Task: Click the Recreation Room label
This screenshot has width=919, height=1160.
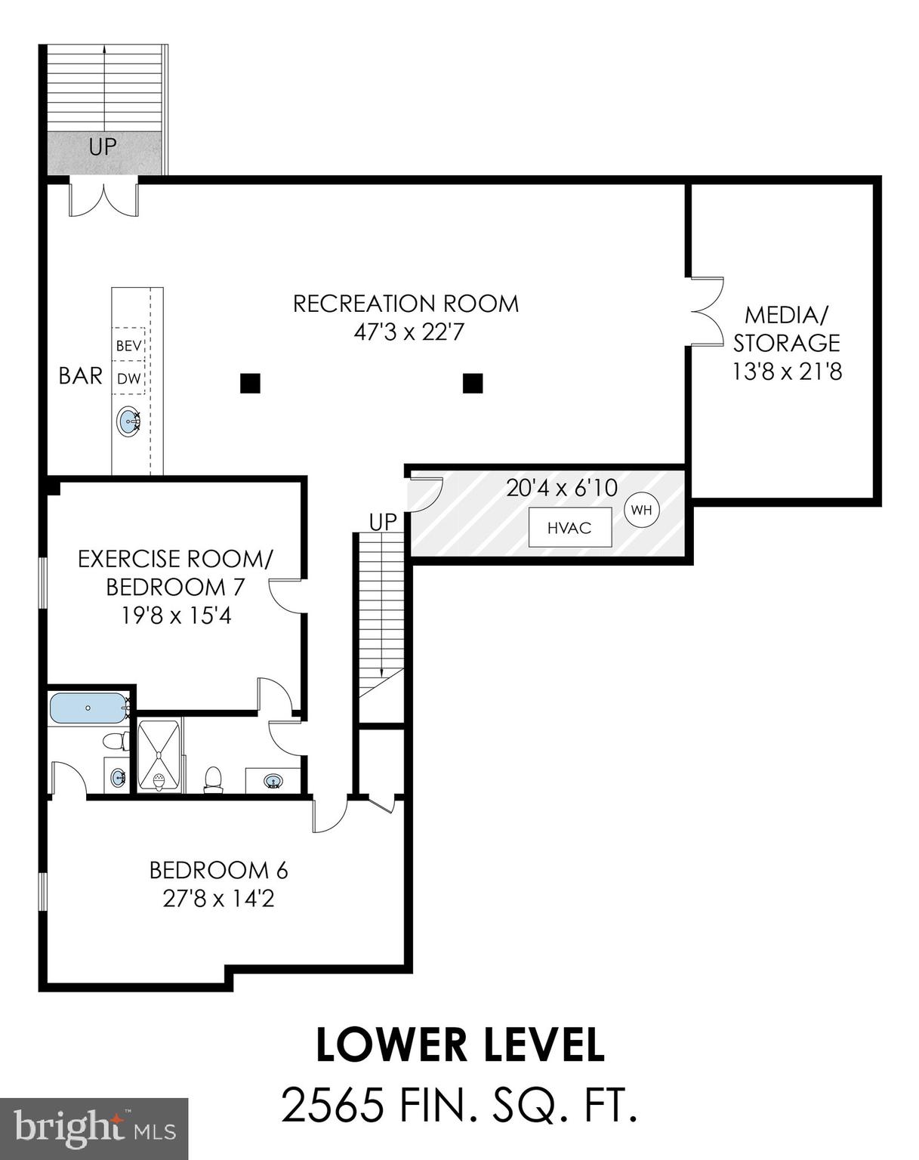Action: (x=406, y=304)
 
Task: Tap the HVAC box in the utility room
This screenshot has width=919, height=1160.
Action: (x=569, y=528)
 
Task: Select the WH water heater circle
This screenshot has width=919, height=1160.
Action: (x=642, y=511)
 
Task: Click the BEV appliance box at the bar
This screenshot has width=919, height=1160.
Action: (x=129, y=346)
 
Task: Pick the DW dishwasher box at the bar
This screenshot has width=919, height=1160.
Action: (x=129, y=379)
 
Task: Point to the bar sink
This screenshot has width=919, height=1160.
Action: (x=129, y=421)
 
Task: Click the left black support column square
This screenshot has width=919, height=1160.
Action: (x=251, y=384)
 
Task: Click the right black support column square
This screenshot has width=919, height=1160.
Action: (x=473, y=384)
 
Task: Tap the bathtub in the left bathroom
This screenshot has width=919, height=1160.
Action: (x=88, y=708)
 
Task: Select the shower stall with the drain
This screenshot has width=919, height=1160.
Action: (x=159, y=756)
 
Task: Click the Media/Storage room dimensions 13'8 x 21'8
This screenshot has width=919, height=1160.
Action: (x=786, y=372)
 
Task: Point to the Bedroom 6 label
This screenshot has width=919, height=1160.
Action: (x=218, y=871)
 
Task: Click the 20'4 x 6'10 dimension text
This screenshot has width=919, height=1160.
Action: (x=562, y=488)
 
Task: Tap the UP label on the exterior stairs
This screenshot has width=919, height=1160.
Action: (x=103, y=147)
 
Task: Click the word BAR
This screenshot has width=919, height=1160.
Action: (x=80, y=376)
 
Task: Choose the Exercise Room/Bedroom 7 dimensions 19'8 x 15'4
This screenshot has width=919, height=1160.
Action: (x=176, y=616)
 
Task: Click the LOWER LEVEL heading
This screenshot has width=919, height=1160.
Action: (x=460, y=1046)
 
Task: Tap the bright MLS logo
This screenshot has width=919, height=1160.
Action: (x=94, y=1128)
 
